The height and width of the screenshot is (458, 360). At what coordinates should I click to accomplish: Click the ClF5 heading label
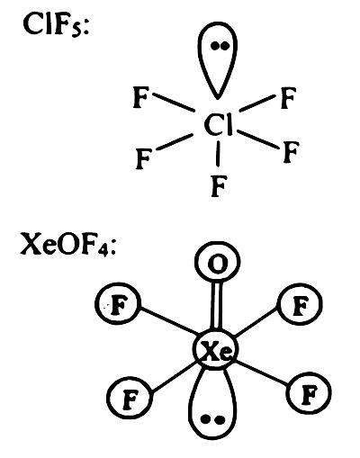[x=56, y=24]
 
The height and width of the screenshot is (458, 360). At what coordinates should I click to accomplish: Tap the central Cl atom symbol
[x=218, y=125]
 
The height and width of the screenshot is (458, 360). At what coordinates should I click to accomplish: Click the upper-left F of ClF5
[x=140, y=97]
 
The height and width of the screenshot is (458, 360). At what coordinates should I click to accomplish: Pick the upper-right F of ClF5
[x=288, y=98]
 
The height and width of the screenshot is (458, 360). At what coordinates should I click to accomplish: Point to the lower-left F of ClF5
[x=143, y=158]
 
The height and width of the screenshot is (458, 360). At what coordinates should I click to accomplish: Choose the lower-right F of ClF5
[x=291, y=152]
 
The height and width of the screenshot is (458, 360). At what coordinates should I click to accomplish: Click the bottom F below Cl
[x=218, y=186]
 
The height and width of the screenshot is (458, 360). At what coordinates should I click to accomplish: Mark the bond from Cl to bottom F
[x=218, y=154]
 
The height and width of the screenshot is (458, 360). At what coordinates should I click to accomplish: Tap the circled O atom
[x=218, y=262]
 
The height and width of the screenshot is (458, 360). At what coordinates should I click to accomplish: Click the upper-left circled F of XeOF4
[x=118, y=304]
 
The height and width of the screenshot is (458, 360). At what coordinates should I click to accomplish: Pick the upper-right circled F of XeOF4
[x=301, y=304]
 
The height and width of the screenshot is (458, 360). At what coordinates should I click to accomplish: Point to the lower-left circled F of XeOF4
[x=130, y=398]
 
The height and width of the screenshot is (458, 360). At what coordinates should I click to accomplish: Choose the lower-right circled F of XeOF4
[x=309, y=392]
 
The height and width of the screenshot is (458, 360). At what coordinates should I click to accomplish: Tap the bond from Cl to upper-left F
[x=174, y=103]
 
